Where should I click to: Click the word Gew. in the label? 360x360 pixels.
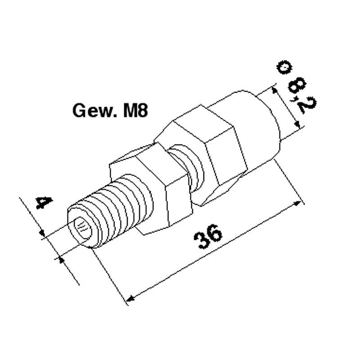coord(95,111)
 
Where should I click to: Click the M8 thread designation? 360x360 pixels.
coord(135,110)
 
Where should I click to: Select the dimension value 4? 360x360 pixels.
coord(44,202)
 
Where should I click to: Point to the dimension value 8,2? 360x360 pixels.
coord(301,95)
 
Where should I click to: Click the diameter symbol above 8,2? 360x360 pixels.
coord(284,67)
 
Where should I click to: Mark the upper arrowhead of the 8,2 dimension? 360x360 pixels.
coord(274,90)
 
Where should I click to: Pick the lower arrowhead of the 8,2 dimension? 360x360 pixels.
coord(297,125)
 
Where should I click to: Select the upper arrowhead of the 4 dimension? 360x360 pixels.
coord(42,233)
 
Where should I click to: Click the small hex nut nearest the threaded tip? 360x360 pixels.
coord(150,188)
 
